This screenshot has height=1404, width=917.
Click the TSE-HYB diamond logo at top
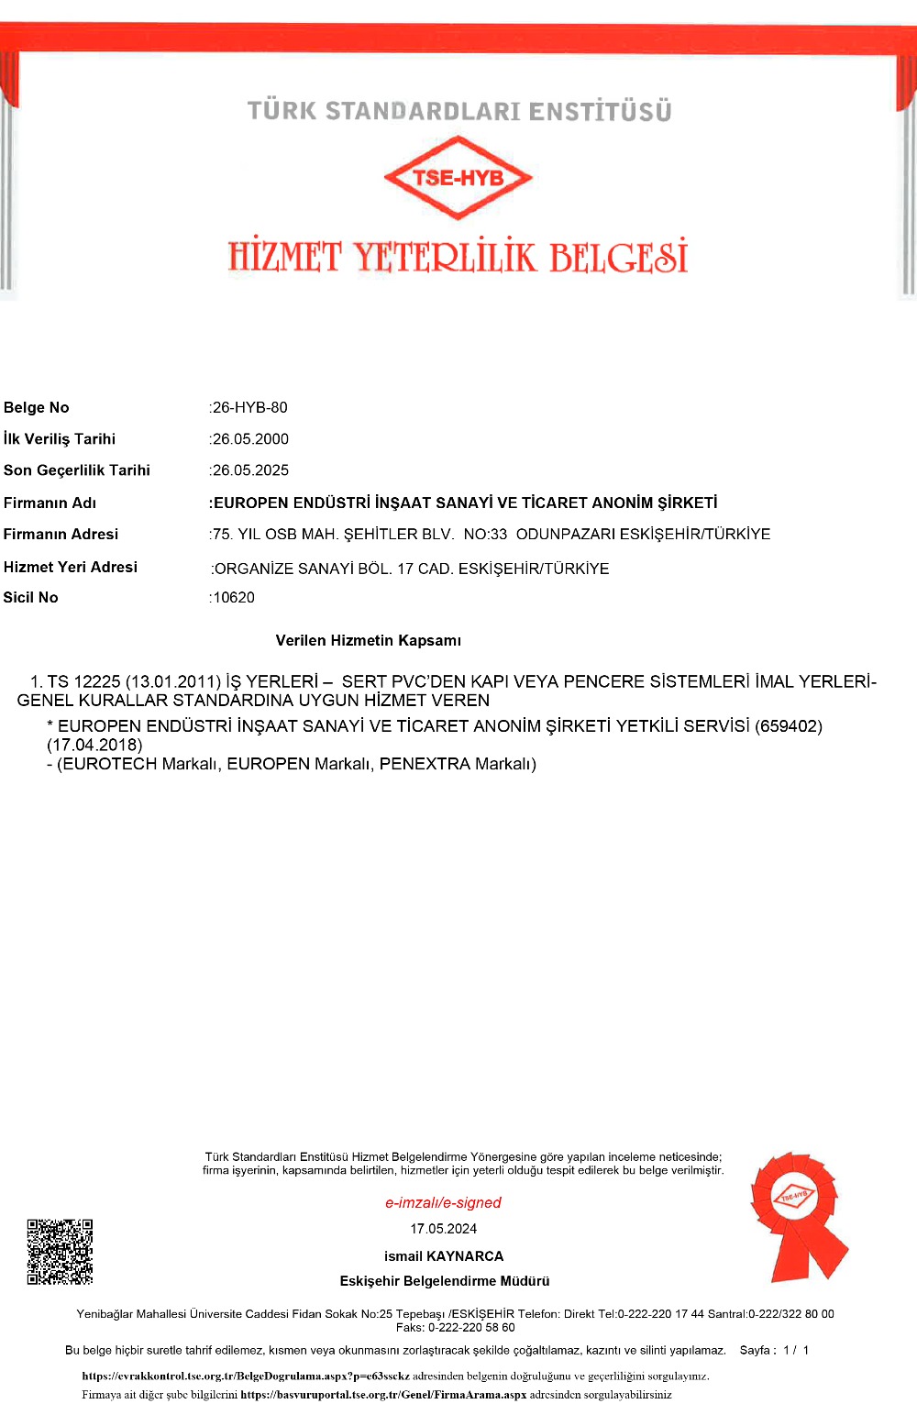(x=458, y=178)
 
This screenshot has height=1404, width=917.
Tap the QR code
(x=60, y=1252)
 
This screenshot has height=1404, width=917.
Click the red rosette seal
(x=796, y=1213)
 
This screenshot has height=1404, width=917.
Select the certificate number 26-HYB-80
(x=249, y=407)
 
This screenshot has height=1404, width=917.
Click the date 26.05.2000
(x=250, y=439)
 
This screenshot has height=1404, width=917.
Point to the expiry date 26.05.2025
(x=250, y=470)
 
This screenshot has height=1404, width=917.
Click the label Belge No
(x=37, y=407)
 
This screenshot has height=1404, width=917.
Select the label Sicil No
(x=31, y=597)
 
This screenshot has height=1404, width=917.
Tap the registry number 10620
(x=234, y=598)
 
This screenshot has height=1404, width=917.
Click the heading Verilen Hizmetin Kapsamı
(x=369, y=640)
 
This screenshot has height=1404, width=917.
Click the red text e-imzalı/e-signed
(x=443, y=1202)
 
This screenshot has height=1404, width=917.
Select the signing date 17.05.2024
(x=444, y=1229)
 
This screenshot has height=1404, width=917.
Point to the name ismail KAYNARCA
(x=444, y=1256)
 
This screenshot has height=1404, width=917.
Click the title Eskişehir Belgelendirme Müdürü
(x=445, y=1281)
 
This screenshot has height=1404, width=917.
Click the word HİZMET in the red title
(x=285, y=258)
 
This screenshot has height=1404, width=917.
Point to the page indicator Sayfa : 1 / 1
(x=774, y=1350)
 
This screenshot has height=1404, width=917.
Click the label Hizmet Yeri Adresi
(x=71, y=567)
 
